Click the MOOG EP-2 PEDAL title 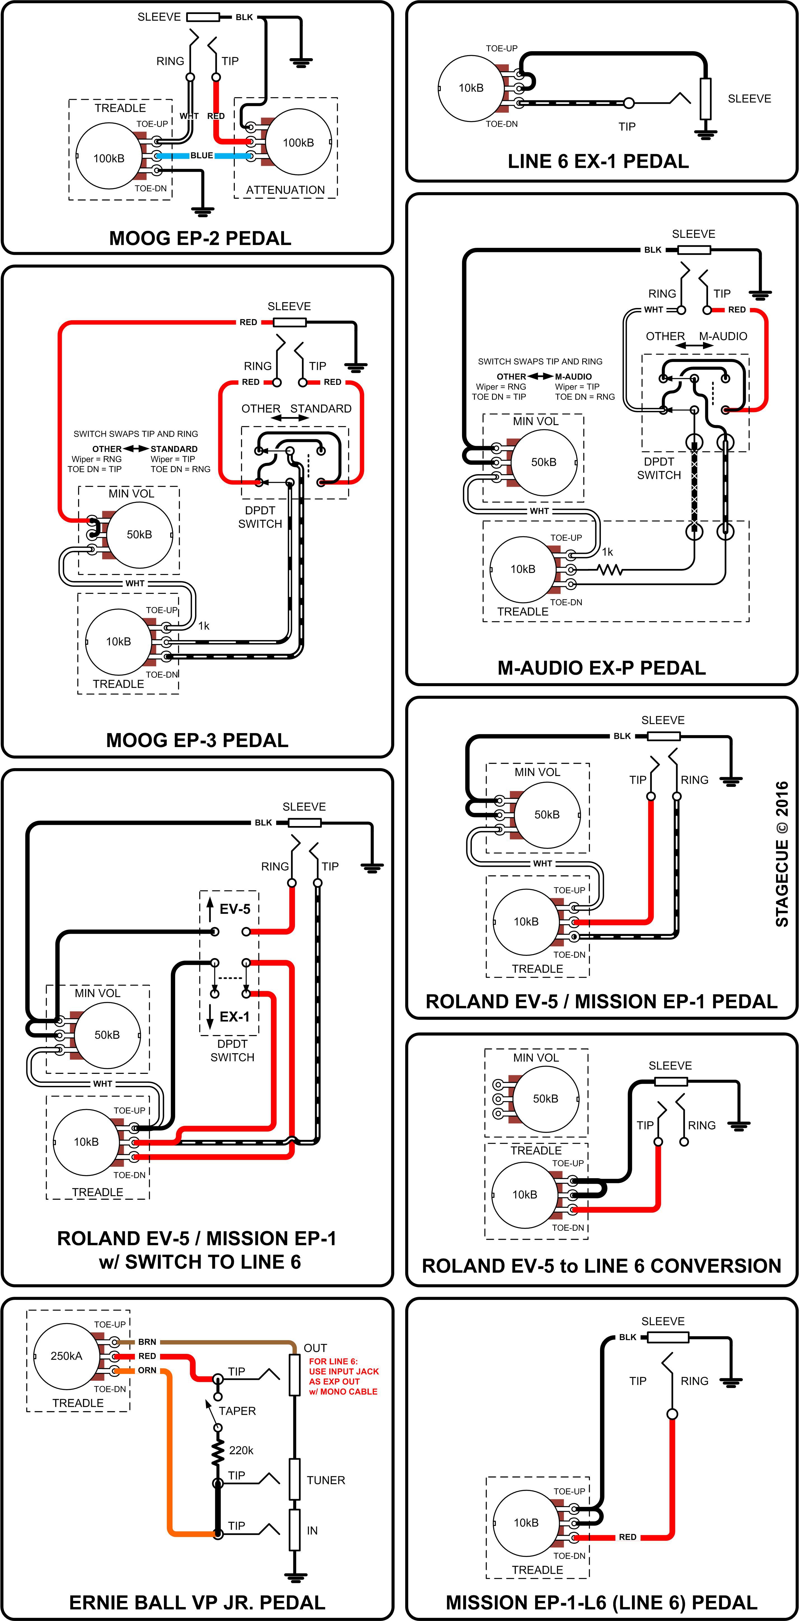[200, 239]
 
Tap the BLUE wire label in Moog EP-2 [201, 156]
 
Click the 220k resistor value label [241, 1450]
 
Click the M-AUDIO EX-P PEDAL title [601, 668]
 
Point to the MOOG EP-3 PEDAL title [197, 740]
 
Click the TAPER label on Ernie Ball [237, 1411]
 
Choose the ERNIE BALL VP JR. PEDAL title [197, 1602]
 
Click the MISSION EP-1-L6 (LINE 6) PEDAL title [601, 1602]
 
